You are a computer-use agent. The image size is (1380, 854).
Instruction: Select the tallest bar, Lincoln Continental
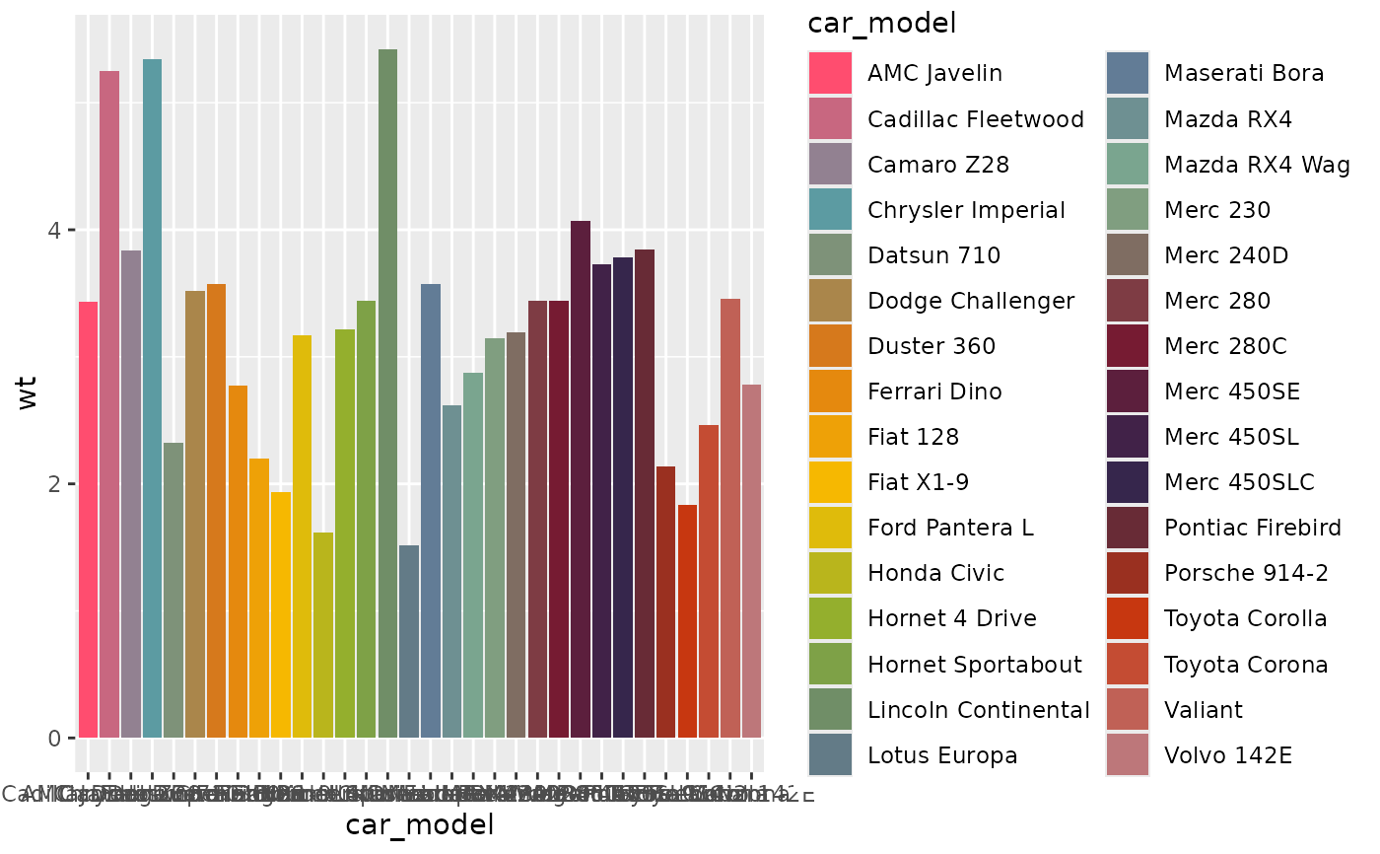pyautogui.click(x=387, y=393)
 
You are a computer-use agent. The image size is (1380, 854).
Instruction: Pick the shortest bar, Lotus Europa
pyautogui.click(x=409, y=641)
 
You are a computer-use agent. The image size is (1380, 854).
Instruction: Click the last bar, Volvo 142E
pyautogui.click(x=752, y=561)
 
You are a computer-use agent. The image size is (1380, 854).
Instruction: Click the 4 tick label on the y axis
pyautogui.click(x=56, y=230)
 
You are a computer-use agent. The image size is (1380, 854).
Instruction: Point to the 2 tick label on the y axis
pyautogui.click(x=56, y=484)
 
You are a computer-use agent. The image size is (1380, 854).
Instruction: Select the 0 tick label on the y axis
pyautogui.click(x=56, y=739)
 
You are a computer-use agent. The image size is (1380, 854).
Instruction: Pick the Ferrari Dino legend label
pyautogui.click(x=934, y=391)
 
